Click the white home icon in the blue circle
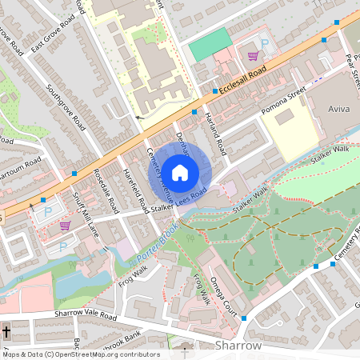point(180,172)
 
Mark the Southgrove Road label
point(66,107)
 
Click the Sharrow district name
point(238,345)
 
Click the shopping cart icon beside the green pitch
point(253,56)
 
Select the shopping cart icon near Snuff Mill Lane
point(64,226)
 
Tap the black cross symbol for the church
point(6,330)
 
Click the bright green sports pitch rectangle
point(209,45)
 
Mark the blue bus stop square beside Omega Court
point(243,318)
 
